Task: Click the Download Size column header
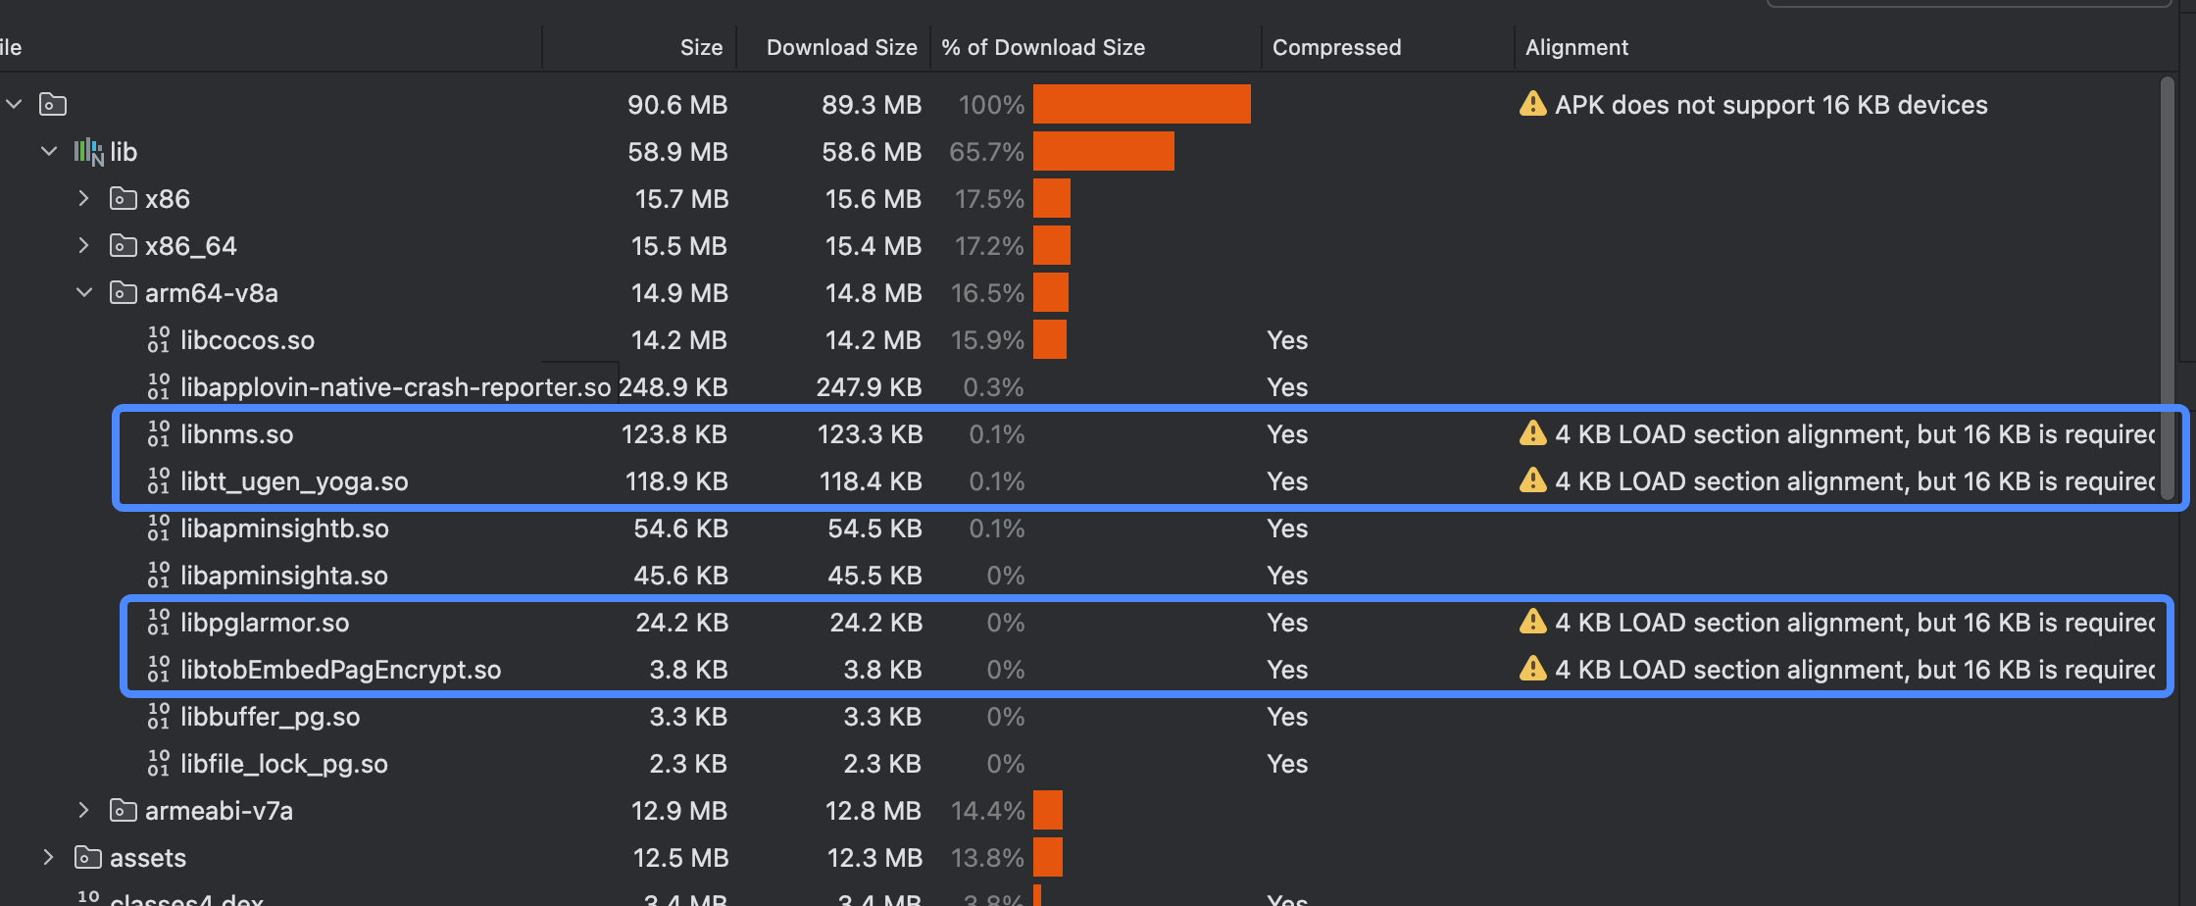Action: [841, 47]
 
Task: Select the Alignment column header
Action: [1576, 47]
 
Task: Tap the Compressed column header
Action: [1336, 47]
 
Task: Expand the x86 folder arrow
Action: [83, 199]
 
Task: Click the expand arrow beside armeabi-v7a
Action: [83, 811]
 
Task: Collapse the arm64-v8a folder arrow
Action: [84, 293]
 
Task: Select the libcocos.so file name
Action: [247, 340]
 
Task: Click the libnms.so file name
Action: [236, 434]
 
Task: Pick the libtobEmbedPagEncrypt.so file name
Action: [340, 670]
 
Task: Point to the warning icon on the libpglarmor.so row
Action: [1532, 622]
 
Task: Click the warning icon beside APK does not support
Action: [1532, 104]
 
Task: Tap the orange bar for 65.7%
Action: [1103, 152]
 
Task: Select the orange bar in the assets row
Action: [1047, 858]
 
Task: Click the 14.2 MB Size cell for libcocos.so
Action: [678, 340]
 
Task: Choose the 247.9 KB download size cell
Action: [869, 387]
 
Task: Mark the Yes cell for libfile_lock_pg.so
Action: [1286, 764]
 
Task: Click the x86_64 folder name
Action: [190, 246]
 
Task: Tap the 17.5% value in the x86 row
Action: [988, 199]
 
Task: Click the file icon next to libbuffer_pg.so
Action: [158, 717]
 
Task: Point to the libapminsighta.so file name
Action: [283, 576]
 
